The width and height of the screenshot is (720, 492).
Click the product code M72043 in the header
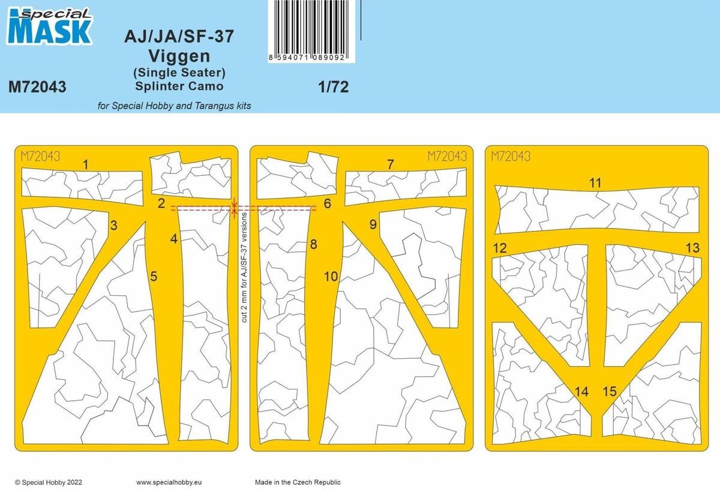tap(37, 88)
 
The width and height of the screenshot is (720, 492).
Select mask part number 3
tap(113, 226)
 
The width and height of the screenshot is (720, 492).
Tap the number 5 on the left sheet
tap(154, 277)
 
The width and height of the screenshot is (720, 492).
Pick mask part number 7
tap(391, 164)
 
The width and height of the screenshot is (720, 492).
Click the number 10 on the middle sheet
tap(331, 277)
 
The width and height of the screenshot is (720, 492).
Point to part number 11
tap(595, 183)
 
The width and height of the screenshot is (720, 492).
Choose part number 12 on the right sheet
tap(499, 248)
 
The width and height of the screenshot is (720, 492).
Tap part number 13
tap(692, 248)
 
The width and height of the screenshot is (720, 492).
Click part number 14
tap(581, 392)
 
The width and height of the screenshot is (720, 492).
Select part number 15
tap(609, 392)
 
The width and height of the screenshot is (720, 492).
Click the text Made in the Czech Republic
tap(298, 482)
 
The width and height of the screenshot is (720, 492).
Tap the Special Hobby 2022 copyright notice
tap(49, 482)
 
